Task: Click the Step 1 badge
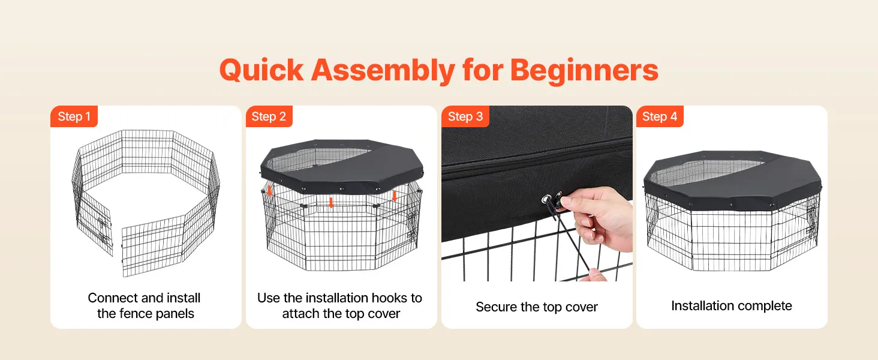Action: [x=74, y=116]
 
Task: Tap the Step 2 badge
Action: [x=269, y=116]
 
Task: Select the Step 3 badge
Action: [x=465, y=116]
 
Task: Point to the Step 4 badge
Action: [x=660, y=116]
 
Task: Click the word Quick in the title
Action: [x=261, y=71]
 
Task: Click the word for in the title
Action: [x=483, y=70]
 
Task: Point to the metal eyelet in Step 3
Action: [x=545, y=199]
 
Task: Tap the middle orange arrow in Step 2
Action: [x=331, y=202]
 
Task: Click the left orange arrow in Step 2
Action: [x=270, y=191]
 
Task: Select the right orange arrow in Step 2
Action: [x=395, y=196]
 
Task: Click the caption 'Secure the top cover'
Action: [x=537, y=307]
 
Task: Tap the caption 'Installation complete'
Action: [x=732, y=305]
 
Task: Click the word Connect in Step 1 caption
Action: [x=112, y=298]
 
